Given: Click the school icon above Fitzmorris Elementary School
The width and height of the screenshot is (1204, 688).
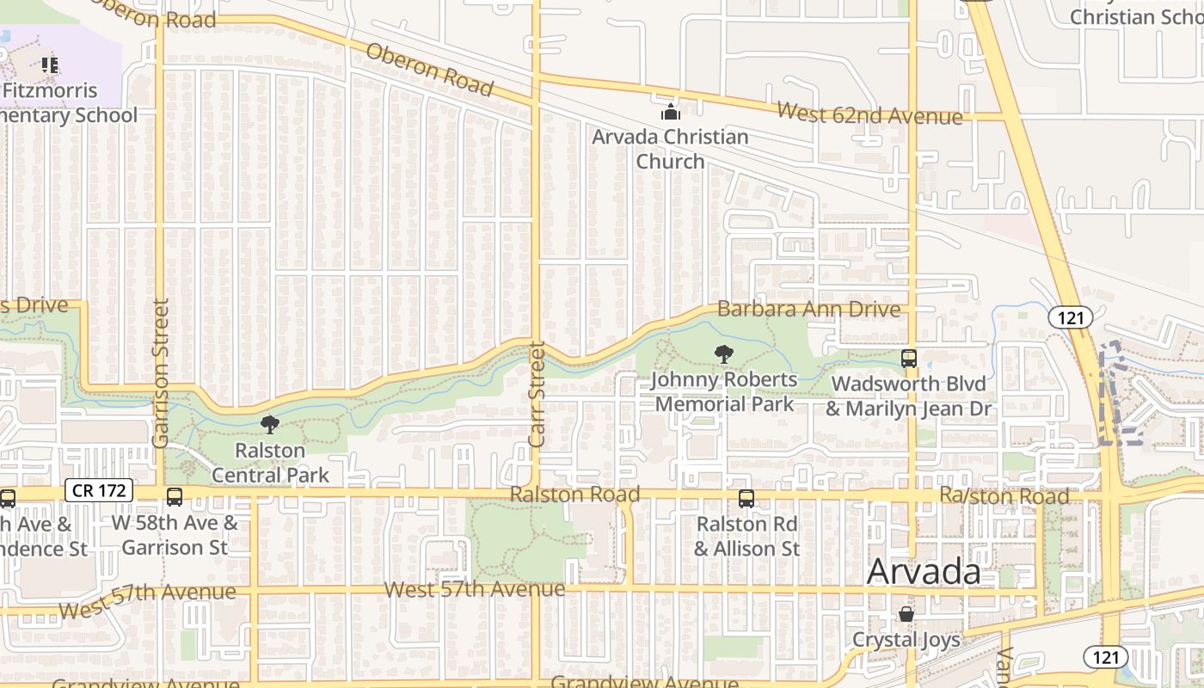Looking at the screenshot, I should coord(50,65).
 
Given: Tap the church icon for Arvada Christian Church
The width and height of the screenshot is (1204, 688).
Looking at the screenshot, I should coord(670,112).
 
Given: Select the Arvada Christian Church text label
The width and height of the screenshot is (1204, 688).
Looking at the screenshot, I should coord(670,149).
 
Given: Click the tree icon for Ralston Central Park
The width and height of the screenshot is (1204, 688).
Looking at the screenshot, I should coord(270,424).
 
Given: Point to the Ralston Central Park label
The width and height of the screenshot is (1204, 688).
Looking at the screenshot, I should coord(270,463).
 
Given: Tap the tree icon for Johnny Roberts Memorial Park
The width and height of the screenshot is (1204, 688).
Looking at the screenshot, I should coord(724,353).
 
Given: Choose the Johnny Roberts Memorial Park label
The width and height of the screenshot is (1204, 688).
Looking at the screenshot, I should coord(724,391).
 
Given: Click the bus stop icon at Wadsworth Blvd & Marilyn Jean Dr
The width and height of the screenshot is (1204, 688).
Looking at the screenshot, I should coord(909,359).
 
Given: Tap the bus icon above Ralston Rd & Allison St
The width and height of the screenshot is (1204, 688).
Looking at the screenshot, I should coord(746,499).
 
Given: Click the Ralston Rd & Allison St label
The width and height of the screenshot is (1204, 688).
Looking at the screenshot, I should coord(746,536).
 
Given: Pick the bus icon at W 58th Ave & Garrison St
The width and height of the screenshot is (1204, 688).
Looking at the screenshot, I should coord(175,497).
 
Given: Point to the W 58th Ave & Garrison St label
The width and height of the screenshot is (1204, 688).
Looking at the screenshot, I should coord(175,534).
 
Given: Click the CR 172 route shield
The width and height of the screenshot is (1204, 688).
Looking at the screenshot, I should coord(99,491).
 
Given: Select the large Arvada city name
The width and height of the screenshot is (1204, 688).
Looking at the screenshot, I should coord(924,572).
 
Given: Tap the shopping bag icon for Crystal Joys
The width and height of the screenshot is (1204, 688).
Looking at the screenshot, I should coord(906,614).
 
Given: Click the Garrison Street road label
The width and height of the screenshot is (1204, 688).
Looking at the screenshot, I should coord(160,372).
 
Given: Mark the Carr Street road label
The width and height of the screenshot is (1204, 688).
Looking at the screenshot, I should coord(537,394).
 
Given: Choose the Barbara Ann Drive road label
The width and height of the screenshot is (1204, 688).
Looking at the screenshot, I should coord(808,309).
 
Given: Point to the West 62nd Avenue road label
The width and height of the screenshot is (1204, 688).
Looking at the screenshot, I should coord(869,113).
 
